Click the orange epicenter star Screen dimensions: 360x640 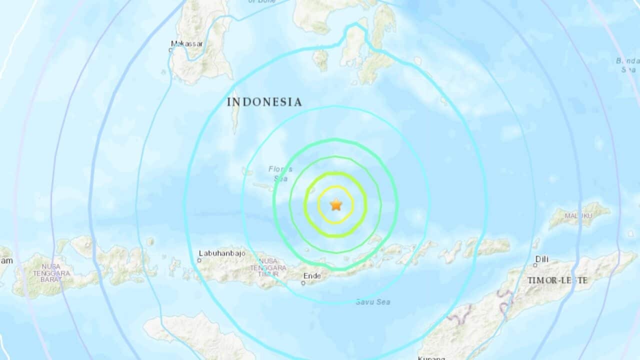[x=335, y=204]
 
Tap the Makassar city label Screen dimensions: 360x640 [x=187, y=44]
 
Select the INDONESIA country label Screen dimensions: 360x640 [x=264, y=102]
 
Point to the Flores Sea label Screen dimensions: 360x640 [x=280, y=173]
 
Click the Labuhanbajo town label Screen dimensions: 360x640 [x=222, y=253]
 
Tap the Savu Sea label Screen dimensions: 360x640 [x=372, y=302]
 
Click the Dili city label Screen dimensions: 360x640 [x=542, y=258]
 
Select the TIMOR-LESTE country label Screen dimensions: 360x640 [x=557, y=280]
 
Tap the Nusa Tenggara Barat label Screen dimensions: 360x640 [x=48, y=273]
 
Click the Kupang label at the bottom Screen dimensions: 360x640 [x=431, y=357]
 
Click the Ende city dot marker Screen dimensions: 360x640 [x=303, y=283]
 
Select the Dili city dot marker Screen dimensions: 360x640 [x=535, y=265]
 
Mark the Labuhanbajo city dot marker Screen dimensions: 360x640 [x=200, y=260]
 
